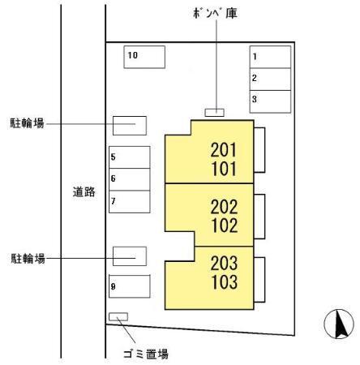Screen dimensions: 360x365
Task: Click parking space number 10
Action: point(144,57)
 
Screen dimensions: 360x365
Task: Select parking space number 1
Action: point(270,57)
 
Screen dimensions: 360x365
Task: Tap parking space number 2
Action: point(270,79)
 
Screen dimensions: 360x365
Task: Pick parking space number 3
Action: point(270,101)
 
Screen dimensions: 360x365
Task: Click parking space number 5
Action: point(130,157)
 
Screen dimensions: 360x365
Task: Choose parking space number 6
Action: point(130,179)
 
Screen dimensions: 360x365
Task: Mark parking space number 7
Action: point(130,202)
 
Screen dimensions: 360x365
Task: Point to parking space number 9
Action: point(130,286)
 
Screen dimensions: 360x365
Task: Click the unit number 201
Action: point(224,150)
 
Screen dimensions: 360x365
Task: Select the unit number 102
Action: point(225,225)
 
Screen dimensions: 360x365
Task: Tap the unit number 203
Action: point(224,263)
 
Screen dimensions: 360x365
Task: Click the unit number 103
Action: point(225,282)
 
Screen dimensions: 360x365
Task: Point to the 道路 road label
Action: point(84,191)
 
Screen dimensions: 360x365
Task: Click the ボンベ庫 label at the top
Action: point(216,13)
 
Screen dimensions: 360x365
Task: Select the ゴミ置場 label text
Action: point(146,354)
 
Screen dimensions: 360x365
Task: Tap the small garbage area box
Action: point(118,317)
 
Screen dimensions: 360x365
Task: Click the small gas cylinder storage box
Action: point(215,113)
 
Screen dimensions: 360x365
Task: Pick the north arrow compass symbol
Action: point(339,324)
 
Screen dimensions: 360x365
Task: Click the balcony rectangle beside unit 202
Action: point(259,217)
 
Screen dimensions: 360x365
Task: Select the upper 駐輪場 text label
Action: point(27,123)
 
